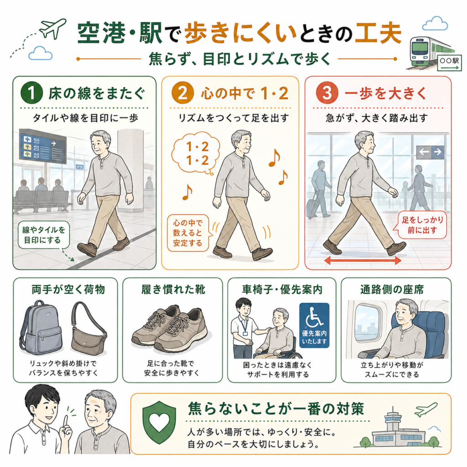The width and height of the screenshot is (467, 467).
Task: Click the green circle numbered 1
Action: (x=31, y=93)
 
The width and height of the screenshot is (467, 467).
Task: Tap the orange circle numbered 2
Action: (x=182, y=93)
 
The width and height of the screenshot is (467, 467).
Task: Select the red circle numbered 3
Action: (x=327, y=93)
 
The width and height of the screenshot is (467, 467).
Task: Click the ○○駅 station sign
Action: (x=449, y=63)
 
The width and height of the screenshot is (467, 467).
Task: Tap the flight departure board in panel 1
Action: (x=42, y=146)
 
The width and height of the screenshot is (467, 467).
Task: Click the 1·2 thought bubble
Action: (x=195, y=154)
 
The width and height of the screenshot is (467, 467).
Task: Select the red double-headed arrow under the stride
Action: (x=363, y=260)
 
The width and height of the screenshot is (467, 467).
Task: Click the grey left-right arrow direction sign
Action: (x=430, y=152)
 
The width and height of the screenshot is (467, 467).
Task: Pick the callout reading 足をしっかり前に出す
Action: (x=422, y=225)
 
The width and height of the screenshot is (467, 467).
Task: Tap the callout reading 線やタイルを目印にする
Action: (x=43, y=235)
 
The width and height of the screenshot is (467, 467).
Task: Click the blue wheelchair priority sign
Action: (x=314, y=325)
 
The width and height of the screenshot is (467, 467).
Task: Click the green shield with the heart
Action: (x=159, y=422)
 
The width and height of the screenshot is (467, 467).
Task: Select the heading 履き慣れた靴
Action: (x=173, y=290)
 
